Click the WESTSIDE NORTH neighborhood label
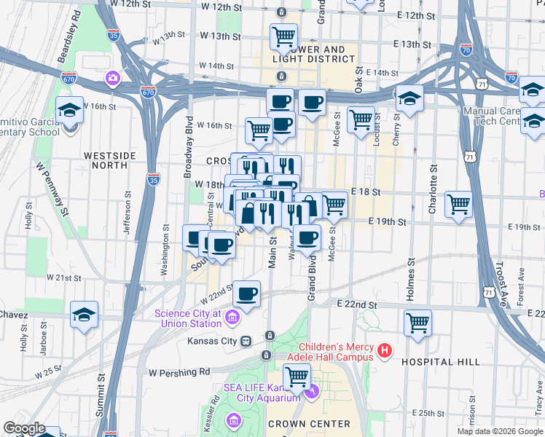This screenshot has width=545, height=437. [110, 155]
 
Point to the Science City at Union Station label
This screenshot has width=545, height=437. [188, 318]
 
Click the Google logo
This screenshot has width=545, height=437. [24, 428]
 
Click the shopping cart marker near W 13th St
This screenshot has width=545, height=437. [283, 36]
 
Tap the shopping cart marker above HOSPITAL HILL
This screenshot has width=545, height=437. [417, 322]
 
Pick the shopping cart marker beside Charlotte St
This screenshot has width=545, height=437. [459, 203]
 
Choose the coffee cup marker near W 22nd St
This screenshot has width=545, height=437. [247, 294]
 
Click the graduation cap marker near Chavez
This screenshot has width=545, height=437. [85, 315]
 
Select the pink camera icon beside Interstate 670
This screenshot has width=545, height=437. [113, 77]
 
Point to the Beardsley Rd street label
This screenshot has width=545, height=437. [70, 26]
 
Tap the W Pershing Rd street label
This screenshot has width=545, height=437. [179, 372]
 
